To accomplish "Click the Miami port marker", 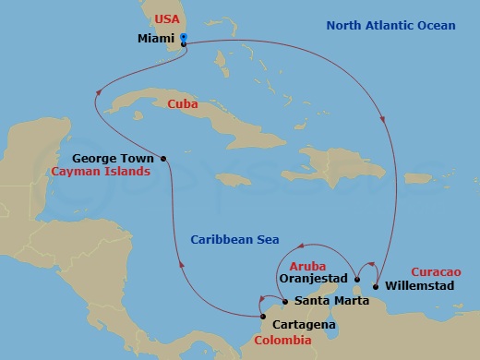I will (x=185, y=39).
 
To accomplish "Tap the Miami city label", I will (x=155, y=40).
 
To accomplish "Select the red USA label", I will (x=166, y=18).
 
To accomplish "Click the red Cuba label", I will (x=183, y=104).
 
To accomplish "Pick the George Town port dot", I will (x=163, y=158).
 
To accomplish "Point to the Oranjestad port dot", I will (x=356, y=278).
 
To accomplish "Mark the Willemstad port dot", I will (x=376, y=286).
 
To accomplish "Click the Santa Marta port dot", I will (x=284, y=302).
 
